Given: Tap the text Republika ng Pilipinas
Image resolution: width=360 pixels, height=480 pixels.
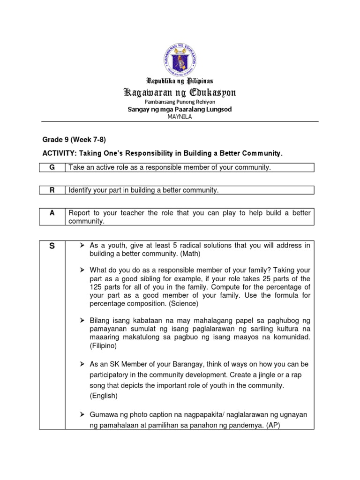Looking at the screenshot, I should point(180,81).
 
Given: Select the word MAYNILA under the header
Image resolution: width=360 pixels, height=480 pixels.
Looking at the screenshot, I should point(180,117).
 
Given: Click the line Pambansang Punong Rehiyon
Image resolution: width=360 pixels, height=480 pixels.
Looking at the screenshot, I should point(180,101).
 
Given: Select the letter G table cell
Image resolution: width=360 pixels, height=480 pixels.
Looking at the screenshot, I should point(52,167).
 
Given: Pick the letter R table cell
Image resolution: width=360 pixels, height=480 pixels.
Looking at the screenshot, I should point(52,190).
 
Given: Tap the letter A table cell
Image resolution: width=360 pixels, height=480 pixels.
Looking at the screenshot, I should point(52,213).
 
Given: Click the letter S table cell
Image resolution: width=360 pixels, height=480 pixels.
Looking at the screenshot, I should point(52,246).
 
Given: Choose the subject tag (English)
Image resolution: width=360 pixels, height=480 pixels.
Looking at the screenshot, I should point(104,395).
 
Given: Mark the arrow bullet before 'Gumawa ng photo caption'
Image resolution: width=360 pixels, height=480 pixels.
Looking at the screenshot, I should point(82,415).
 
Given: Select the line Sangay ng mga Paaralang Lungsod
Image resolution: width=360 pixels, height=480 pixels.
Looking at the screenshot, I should point(180,109).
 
